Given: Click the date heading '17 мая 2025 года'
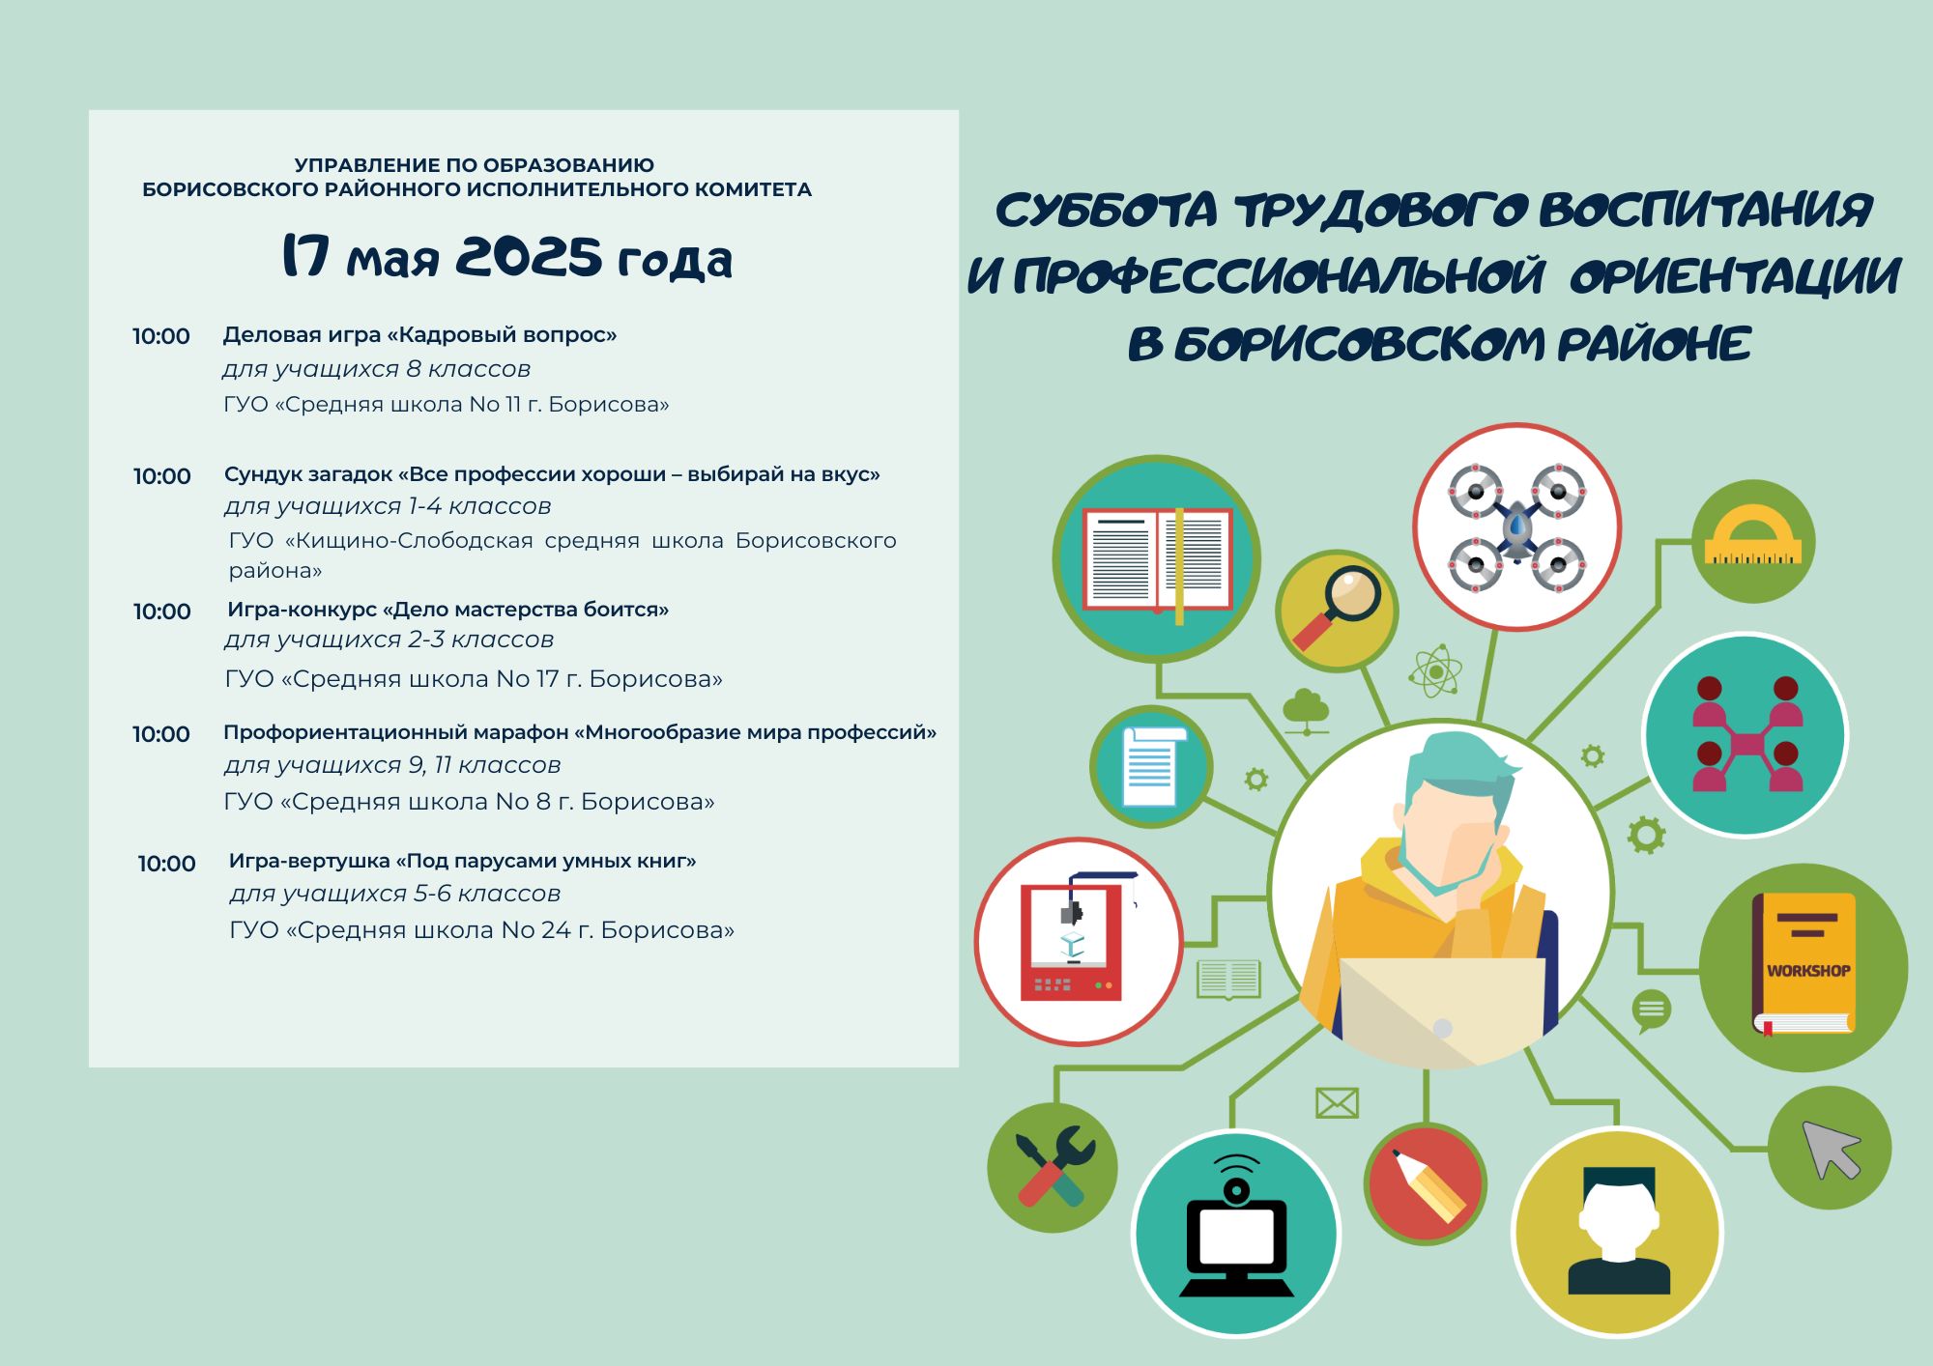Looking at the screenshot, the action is pyautogui.click(x=507, y=257).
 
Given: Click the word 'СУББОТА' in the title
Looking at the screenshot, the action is pyautogui.click(x=1106, y=211).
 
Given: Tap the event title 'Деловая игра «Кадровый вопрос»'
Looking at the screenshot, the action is pyautogui.click(x=419, y=335).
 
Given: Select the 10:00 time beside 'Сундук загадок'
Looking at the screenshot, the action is pyautogui.click(x=162, y=476).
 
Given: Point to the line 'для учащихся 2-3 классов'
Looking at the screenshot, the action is pyautogui.click(x=389, y=640).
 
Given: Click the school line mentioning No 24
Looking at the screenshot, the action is pyautogui.click(x=481, y=930).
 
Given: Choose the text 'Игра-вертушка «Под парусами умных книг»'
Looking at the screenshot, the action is pyautogui.click(x=462, y=861).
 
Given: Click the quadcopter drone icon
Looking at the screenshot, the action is pyautogui.click(x=1516, y=527).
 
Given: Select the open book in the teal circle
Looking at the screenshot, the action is pyautogui.click(x=1157, y=561).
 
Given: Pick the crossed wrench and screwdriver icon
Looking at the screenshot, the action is pyautogui.click(x=1054, y=1167).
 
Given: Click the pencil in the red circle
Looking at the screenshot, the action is pyautogui.click(x=1428, y=1184).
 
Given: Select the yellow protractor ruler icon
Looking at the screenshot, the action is pyautogui.click(x=1753, y=534).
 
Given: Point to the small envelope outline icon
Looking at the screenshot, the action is pyautogui.click(x=1337, y=1103).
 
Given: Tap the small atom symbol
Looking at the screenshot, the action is pyautogui.click(x=1435, y=670).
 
